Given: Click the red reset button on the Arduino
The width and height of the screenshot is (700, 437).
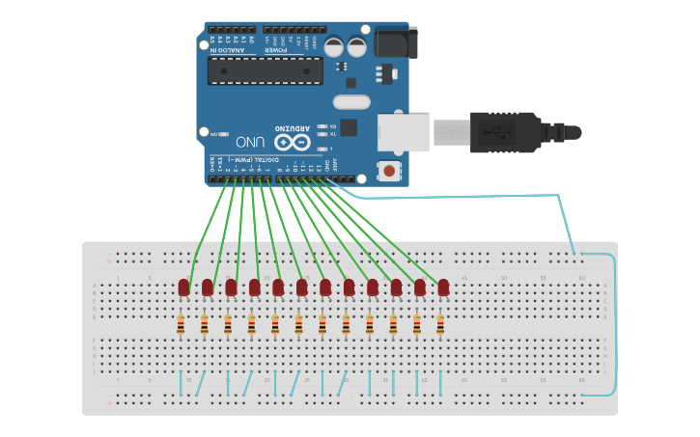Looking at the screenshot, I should point(389,171).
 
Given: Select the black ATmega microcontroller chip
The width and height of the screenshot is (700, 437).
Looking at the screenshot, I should point(266,70).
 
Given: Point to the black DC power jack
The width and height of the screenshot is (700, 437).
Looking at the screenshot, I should point(396,42).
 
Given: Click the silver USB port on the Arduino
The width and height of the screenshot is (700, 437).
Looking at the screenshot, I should point(403,131).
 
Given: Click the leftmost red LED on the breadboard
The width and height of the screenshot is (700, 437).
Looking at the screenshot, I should point(183,287).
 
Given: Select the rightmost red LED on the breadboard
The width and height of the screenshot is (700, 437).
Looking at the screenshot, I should point(443,287).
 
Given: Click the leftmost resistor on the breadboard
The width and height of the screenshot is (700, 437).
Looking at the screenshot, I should point(181,326).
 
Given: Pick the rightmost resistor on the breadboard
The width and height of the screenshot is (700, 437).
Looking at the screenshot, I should point(440,326).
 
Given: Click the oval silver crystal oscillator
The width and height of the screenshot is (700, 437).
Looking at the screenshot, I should point(351,102).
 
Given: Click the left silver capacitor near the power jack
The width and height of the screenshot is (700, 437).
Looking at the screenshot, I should point(333,46).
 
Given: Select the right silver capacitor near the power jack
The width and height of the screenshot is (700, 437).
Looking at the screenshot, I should point(357,46).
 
